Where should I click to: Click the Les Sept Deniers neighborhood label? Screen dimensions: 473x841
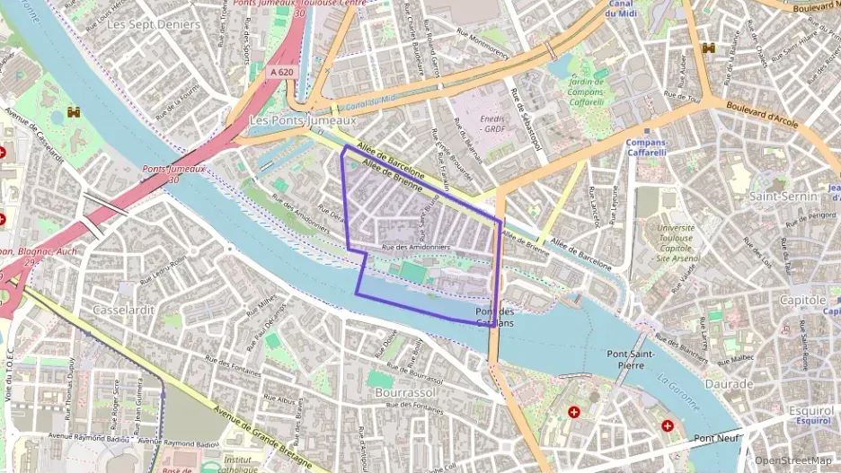click(153, 24)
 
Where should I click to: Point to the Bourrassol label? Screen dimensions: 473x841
click(406, 393)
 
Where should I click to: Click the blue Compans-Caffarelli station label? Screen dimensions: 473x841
click(646, 147)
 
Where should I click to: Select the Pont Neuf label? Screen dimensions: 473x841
click(716, 439)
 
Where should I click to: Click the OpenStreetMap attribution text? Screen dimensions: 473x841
click(792, 461)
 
